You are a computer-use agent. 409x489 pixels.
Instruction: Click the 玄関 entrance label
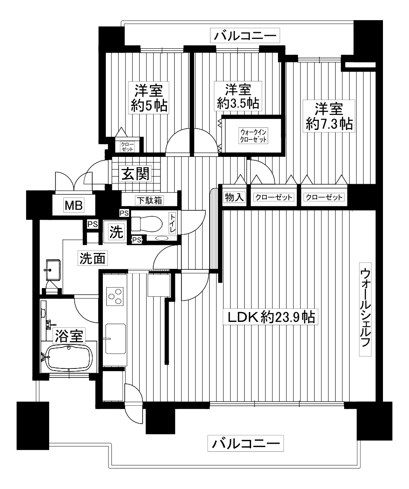[x=136, y=174]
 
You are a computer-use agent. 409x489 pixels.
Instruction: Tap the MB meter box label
[x=73, y=206]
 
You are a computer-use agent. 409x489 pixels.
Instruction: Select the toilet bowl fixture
[x=146, y=224]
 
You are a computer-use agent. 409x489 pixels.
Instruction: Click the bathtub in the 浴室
[x=69, y=358]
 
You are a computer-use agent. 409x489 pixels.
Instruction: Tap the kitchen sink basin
[x=116, y=339]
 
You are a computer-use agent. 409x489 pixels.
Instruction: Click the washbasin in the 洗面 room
[x=53, y=269]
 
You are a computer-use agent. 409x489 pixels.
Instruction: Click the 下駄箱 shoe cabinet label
[x=150, y=200]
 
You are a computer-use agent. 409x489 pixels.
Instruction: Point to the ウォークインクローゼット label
[x=253, y=136]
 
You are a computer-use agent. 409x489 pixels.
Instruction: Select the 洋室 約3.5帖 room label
[x=238, y=96]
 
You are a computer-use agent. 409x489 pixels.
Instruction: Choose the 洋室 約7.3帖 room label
[x=329, y=116]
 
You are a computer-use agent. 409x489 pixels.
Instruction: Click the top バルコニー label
[x=245, y=35]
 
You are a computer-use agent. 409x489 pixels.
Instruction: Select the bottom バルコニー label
[x=245, y=443]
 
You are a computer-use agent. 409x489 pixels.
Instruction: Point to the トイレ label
[x=172, y=223]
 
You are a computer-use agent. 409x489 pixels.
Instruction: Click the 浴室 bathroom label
[x=69, y=336]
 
